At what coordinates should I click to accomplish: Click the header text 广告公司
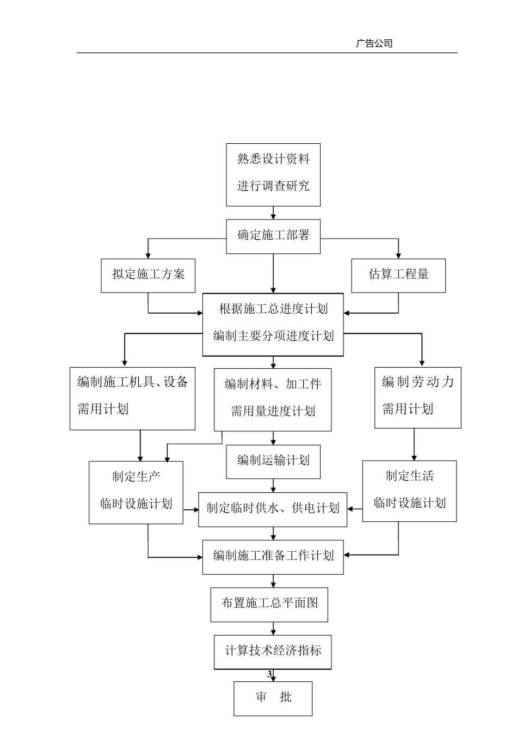[374, 44]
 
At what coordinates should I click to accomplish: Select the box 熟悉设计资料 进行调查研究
[273, 175]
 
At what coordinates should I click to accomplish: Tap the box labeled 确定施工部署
[273, 236]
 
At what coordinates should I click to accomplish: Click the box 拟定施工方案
[148, 275]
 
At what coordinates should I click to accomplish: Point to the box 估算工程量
[398, 275]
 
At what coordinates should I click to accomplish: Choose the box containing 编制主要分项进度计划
[273, 325]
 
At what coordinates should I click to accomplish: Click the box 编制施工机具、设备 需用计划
[132, 398]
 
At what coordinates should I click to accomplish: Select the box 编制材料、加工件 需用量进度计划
[273, 400]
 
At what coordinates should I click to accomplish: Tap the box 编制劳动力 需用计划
[417, 397]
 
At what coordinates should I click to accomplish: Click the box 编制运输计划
[273, 461]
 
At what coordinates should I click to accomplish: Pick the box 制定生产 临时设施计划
[136, 492]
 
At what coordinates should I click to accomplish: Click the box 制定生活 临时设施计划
[409, 491]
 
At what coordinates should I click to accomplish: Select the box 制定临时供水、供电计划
[273, 509]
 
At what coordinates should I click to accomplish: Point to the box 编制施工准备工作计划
[273, 557]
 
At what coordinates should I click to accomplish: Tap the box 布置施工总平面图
[269, 604]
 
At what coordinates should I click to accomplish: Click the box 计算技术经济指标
[273, 651]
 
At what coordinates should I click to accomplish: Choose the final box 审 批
[273, 698]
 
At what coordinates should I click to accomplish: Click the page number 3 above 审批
[269, 674]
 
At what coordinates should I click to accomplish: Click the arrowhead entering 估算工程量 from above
[398, 255]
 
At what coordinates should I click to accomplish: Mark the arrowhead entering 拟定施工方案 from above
[148, 255]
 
